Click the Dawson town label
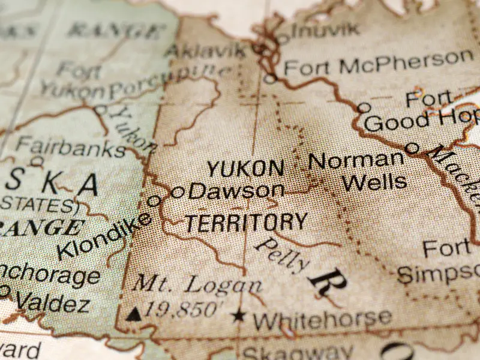pyautogui.click(x=236, y=191)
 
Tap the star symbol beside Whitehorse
pyautogui.click(x=239, y=314)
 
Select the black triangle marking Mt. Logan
pyautogui.click(x=134, y=313)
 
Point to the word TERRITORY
pyautogui.click(x=246, y=223)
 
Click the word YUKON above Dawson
pyautogui.click(x=245, y=169)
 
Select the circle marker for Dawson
pyautogui.click(x=178, y=192)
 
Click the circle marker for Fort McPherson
pyautogui.click(x=271, y=78)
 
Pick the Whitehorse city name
pyautogui.click(x=322, y=319)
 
